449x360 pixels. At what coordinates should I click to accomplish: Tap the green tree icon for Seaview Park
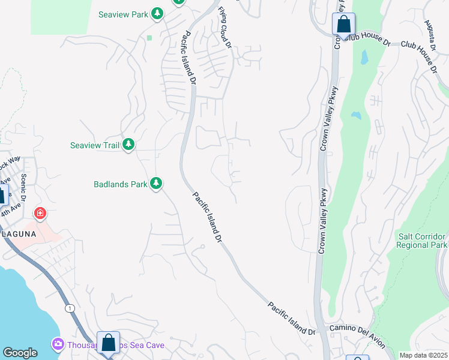(157, 13)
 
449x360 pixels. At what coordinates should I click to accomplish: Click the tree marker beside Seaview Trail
(128, 145)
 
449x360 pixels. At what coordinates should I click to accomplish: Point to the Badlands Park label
(121, 184)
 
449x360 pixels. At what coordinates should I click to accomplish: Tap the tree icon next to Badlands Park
(156, 184)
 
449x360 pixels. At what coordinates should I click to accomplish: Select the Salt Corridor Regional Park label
(423, 241)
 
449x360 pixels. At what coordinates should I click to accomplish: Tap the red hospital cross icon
(40, 213)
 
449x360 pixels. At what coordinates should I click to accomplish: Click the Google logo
(20, 353)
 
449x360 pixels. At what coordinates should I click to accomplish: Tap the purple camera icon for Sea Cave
(58, 344)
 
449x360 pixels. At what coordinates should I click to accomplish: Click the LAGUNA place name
(18, 233)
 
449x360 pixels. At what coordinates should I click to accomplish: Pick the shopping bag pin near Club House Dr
(343, 25)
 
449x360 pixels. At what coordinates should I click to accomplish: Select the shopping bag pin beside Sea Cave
(109, 343)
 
